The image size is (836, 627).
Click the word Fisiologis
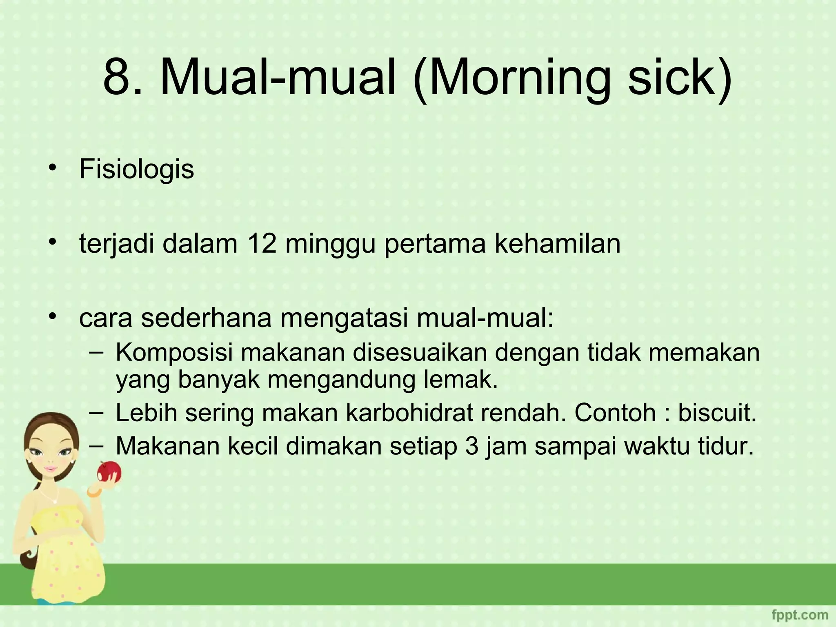(136, 169)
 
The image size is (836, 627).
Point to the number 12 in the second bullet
(262, 244)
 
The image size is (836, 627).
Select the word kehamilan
(558, 244)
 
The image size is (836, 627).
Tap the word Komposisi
(174, 353)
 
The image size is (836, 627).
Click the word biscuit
(717, 413)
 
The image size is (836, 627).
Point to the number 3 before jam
(472, 446)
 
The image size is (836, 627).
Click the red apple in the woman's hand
(109, 472)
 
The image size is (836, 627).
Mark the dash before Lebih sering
(96, 412)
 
